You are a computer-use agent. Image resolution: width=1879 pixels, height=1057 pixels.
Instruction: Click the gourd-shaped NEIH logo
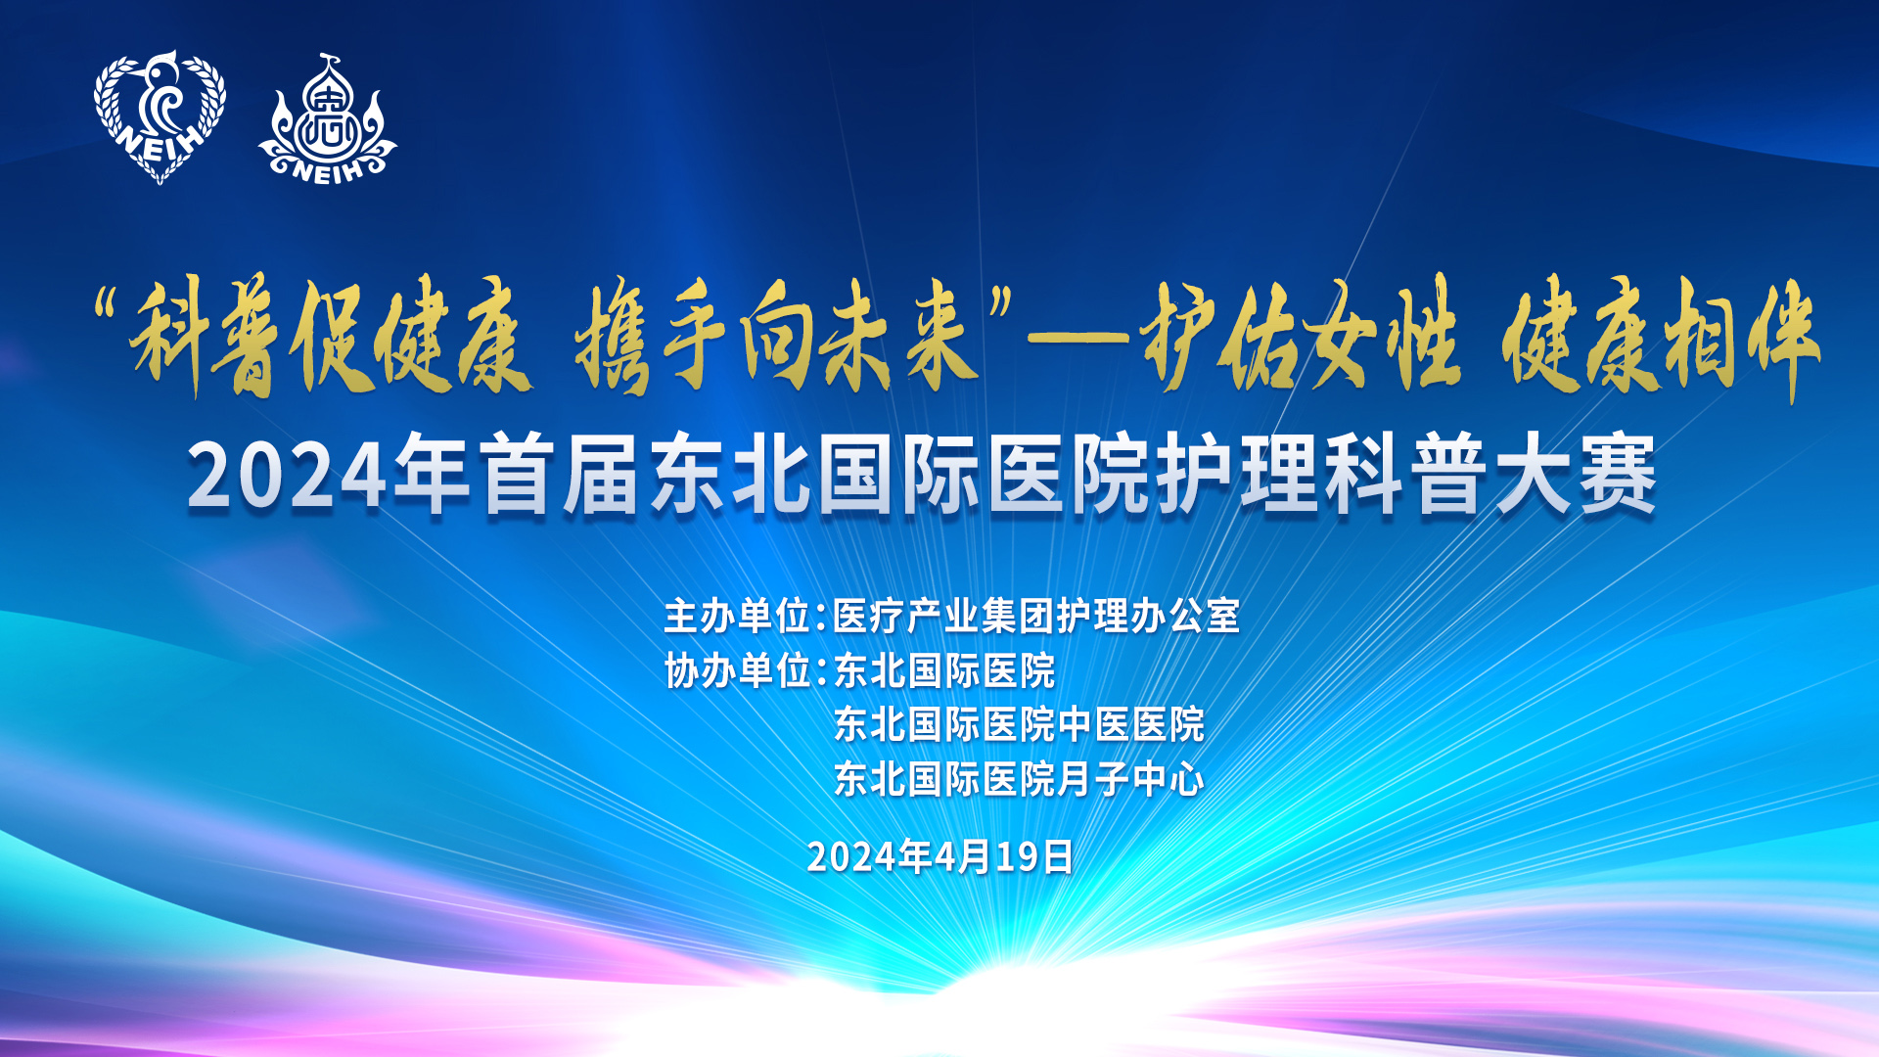click(328, 119)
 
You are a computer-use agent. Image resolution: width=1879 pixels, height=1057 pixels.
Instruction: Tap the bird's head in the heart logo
click(161, 76)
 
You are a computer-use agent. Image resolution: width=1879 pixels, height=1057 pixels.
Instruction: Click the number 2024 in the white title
click(287, 477)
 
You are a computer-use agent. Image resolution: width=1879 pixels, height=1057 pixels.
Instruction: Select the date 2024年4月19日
click(940, 856)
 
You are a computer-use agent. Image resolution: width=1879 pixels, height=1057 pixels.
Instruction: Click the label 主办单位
click(737, 617)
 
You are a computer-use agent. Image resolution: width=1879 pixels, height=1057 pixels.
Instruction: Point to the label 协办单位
click(737, 671)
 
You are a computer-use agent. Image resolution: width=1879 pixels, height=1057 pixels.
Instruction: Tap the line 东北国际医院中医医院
click(1019, 725)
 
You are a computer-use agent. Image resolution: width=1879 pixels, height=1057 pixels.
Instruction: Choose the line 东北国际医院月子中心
click(1019, 780)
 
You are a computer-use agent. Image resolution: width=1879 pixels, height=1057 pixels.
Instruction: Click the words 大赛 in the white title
click(1578, 475)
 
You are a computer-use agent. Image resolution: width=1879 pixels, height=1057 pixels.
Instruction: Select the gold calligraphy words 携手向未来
click(777, 336)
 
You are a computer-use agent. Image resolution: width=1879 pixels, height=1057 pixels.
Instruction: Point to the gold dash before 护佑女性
click(1079, 338)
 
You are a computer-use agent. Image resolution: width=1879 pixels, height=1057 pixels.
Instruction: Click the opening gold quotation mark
click(111, 309)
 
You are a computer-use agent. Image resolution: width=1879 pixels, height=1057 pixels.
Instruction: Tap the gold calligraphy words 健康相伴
click(1661, 338)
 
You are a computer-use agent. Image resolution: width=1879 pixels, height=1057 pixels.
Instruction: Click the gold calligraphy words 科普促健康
click(332, 336)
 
